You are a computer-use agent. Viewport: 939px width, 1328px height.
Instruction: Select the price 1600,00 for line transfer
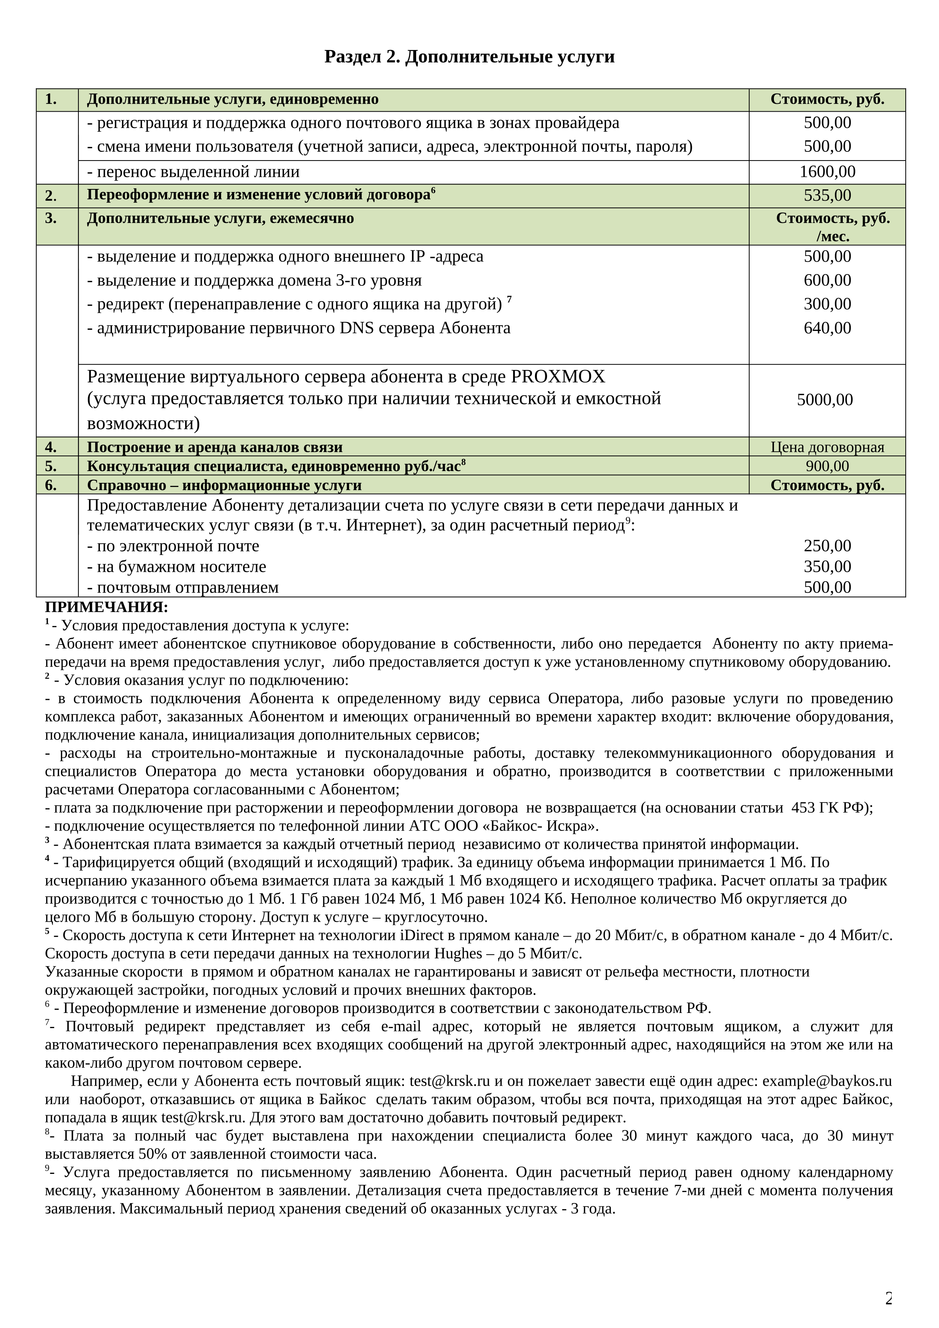[x=827, y=172]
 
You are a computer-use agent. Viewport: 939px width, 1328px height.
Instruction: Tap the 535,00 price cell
[x=827, y=195]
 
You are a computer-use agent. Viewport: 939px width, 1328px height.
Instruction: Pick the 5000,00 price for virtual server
[x=825, y=399]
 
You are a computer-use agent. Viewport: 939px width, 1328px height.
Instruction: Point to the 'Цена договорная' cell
[x=827, y=447]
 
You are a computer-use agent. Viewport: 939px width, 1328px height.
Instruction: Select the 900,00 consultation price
[x=827, y=466]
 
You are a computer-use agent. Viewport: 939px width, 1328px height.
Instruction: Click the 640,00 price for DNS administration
[x=827, y=328]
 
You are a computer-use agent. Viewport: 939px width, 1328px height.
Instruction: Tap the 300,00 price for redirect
[x=827, y=304]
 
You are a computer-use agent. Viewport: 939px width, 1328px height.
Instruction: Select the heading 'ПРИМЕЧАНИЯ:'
[x=106, y=607]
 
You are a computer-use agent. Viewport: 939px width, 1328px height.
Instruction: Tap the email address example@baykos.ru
[x=827, y=1081]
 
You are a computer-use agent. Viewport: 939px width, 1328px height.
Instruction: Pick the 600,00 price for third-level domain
[x=827, y=280]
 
